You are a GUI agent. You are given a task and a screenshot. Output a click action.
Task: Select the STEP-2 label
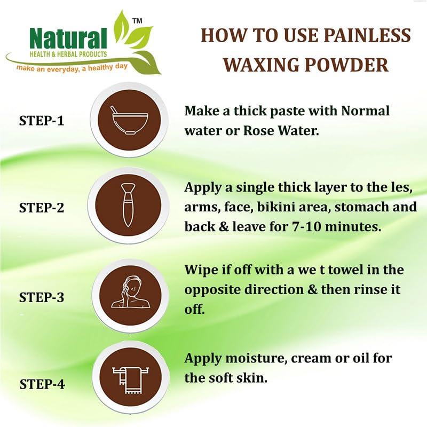[41, 208]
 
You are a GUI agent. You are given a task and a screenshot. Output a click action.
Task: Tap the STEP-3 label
[41, 297]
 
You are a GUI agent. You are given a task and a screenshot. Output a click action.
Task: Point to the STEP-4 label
[41, 384]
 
